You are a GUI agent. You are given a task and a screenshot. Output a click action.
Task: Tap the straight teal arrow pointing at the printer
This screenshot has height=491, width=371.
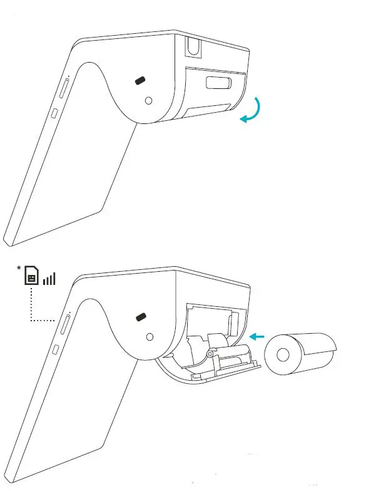click(x=257, y=337)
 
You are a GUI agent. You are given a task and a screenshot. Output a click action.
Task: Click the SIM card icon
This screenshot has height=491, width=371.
click(x=31, y=276)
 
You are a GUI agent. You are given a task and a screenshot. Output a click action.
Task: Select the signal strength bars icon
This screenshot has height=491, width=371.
click(x=49, y=278)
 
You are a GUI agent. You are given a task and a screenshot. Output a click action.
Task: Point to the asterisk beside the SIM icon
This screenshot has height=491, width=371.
click(x=19, y=269)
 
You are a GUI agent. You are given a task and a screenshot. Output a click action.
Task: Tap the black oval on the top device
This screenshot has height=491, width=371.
click(x=141, y=81)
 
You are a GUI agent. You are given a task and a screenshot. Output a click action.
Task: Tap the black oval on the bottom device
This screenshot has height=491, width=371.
click(x=141, y=317)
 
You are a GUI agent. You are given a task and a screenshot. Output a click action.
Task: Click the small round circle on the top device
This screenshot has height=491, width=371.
click(x=148, y=100)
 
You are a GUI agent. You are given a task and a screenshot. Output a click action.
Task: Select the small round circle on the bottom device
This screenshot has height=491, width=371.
click(x=149, y=336)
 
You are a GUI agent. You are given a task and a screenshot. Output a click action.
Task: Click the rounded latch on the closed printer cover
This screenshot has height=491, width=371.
click(x=218, y=83)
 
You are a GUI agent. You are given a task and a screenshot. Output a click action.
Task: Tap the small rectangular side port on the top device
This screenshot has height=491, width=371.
click(x=55, y=113)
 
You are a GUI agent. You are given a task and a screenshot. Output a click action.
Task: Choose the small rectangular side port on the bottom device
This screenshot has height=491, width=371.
click(x=55, y=349)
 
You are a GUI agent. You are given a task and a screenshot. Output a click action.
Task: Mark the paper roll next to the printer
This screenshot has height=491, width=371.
click(x=300, y=354)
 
